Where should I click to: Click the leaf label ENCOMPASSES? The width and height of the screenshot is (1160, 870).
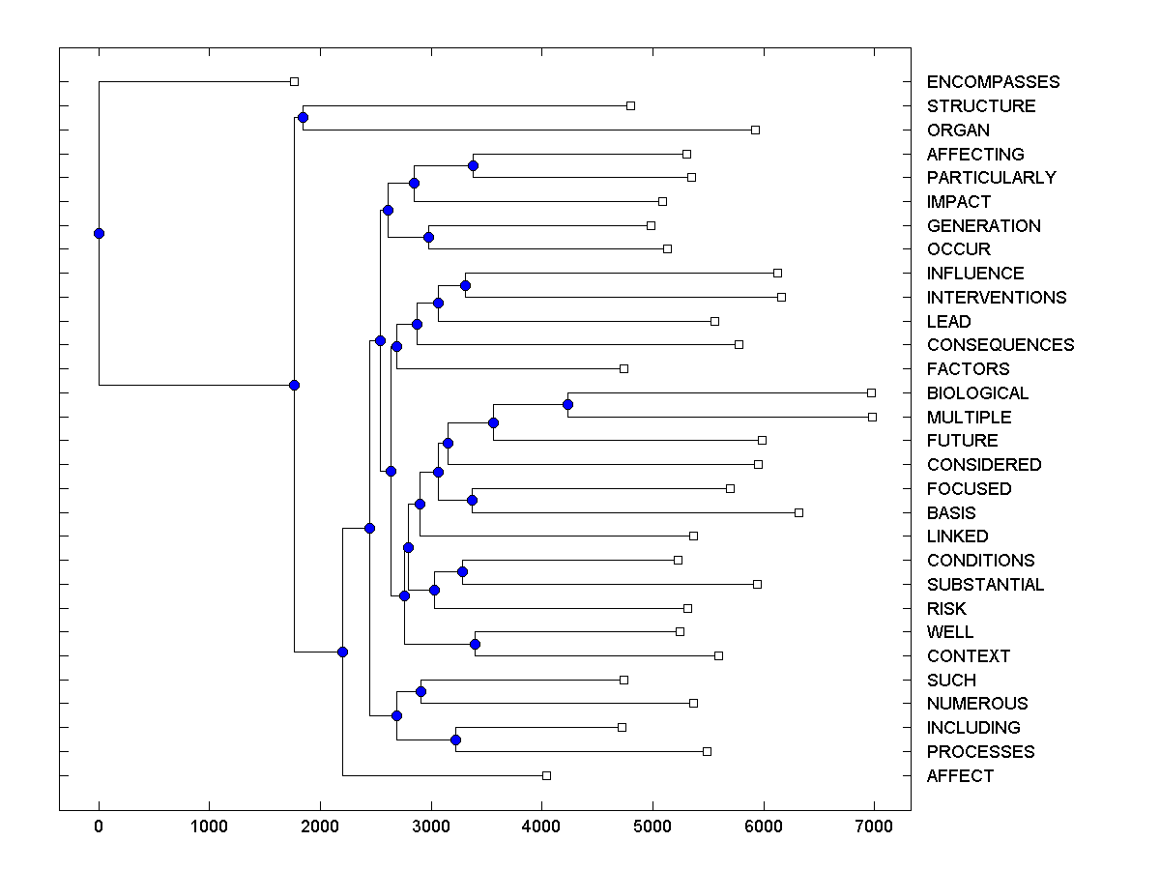point(993,82)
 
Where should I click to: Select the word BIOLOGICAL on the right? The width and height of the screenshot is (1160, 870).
point(977,393)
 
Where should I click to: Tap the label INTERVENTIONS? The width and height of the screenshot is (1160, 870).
point(996,298)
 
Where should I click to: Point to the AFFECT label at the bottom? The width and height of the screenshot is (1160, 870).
point(960,776)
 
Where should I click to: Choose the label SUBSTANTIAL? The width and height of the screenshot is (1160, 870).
point(985,585)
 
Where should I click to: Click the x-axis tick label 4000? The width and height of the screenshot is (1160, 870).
point(541,826)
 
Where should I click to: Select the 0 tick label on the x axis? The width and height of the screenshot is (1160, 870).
point(99,826)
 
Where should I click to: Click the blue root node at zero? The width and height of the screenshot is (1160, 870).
point(99,233)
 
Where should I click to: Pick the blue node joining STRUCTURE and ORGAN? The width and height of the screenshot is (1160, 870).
point(303,117)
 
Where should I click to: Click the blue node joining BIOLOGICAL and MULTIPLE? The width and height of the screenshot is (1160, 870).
point(567,404)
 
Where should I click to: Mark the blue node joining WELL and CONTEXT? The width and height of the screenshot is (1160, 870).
point(475,644)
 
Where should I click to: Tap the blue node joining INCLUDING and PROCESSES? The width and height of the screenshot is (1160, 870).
point(455,739)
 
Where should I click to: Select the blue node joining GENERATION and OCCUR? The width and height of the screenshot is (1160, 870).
point(428,237)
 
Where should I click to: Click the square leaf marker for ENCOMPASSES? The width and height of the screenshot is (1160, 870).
point(295,81)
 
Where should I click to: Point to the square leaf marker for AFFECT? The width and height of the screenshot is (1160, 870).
point(546,775)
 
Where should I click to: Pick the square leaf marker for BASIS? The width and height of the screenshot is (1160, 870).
point(798,512)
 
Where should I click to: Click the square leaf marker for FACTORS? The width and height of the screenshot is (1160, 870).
point(623,368)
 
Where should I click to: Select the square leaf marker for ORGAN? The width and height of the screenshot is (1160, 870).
point(755,130)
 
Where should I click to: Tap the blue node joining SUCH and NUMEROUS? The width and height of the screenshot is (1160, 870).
point(420,691)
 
